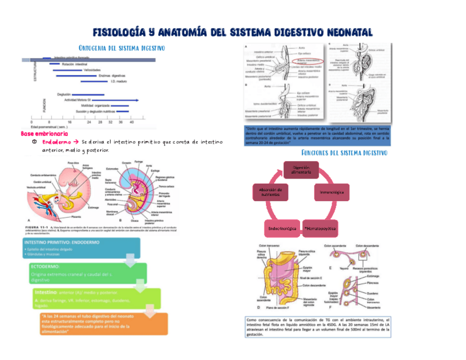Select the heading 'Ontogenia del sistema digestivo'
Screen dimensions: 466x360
coord(122,48)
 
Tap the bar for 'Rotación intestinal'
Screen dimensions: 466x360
coord(55,64)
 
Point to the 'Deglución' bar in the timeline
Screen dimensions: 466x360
coord(88,95)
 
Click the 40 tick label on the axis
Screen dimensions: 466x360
coord(131,121)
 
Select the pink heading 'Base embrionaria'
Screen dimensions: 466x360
coord(45,134)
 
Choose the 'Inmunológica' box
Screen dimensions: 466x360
coord(332,193)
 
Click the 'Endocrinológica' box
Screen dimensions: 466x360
coord(282,227)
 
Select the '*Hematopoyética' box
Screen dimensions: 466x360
coord(320,227)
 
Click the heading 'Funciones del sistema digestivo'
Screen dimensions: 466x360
coord(345,152)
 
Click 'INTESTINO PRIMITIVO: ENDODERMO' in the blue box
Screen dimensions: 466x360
coord(58,242)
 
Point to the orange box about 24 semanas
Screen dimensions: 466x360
coord(103,324)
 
